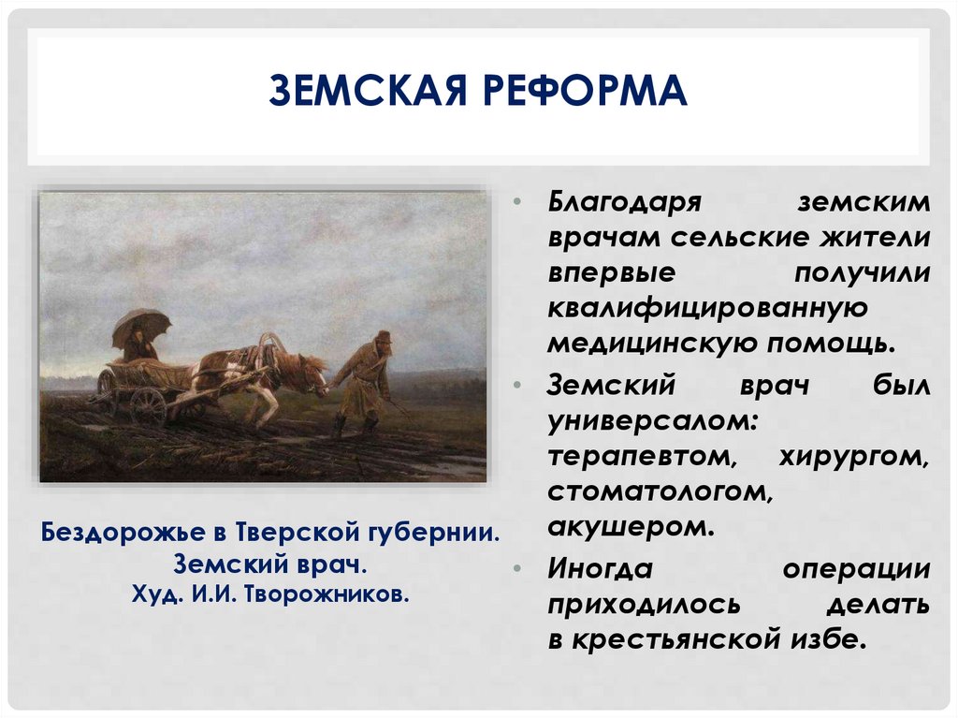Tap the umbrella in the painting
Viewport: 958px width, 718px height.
pos(141,326)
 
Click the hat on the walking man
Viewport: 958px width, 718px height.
pos(382,337)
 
